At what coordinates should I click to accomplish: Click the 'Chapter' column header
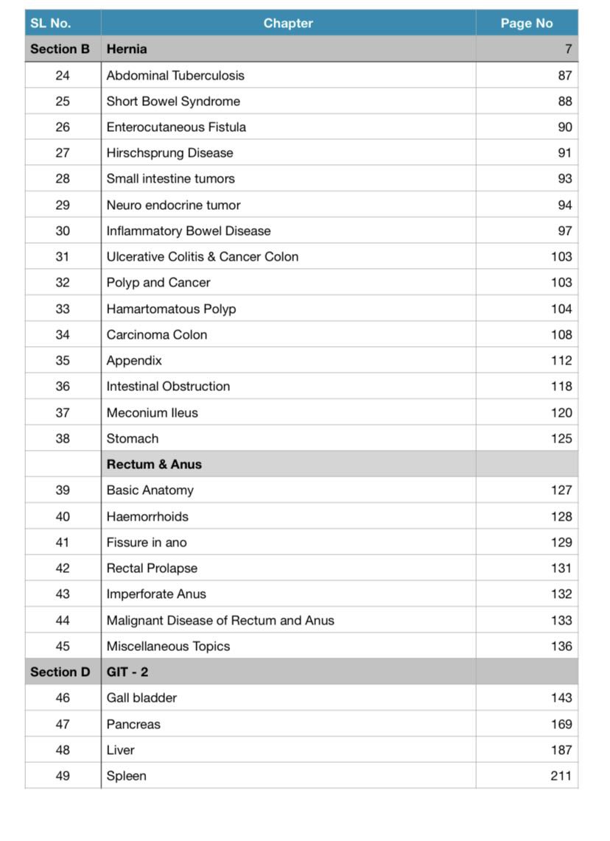(288, 23)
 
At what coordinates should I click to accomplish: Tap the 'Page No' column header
(526, 23)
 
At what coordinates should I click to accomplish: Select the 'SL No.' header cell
(51, 23)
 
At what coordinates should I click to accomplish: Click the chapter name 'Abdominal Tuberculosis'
(175, 75)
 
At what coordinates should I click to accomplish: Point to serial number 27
(63, 153)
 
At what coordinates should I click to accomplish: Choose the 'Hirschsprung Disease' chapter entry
(169, 153)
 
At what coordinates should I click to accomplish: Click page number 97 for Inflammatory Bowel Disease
(564, 231)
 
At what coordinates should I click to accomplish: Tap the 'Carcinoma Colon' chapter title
(157, 334)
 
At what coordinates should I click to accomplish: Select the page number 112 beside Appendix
(561, 360)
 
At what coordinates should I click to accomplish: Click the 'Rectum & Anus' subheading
(154, 464)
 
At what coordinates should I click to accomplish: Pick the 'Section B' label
(60, 49)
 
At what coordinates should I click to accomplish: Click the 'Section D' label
(60, 672)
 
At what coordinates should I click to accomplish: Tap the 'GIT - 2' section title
(127, 672)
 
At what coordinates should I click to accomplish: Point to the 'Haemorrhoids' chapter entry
(147, 516)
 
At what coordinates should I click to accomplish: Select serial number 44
(63, 620)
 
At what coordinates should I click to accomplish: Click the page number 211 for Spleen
(561, 775)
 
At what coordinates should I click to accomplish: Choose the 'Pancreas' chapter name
(133, 724)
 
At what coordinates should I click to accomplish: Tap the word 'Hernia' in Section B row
(127, 49)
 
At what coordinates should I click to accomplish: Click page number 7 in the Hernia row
(568, 49)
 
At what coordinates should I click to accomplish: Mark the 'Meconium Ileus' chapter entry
(152, 412)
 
